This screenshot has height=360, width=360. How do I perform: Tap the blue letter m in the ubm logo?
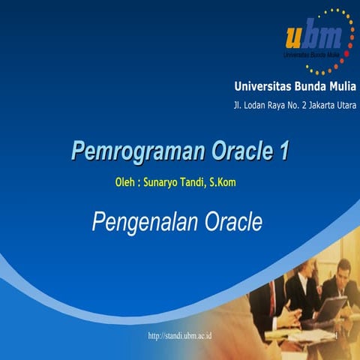[329, 36]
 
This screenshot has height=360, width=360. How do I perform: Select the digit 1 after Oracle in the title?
[283, 151]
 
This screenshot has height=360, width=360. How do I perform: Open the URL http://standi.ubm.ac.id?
[180, 335]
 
